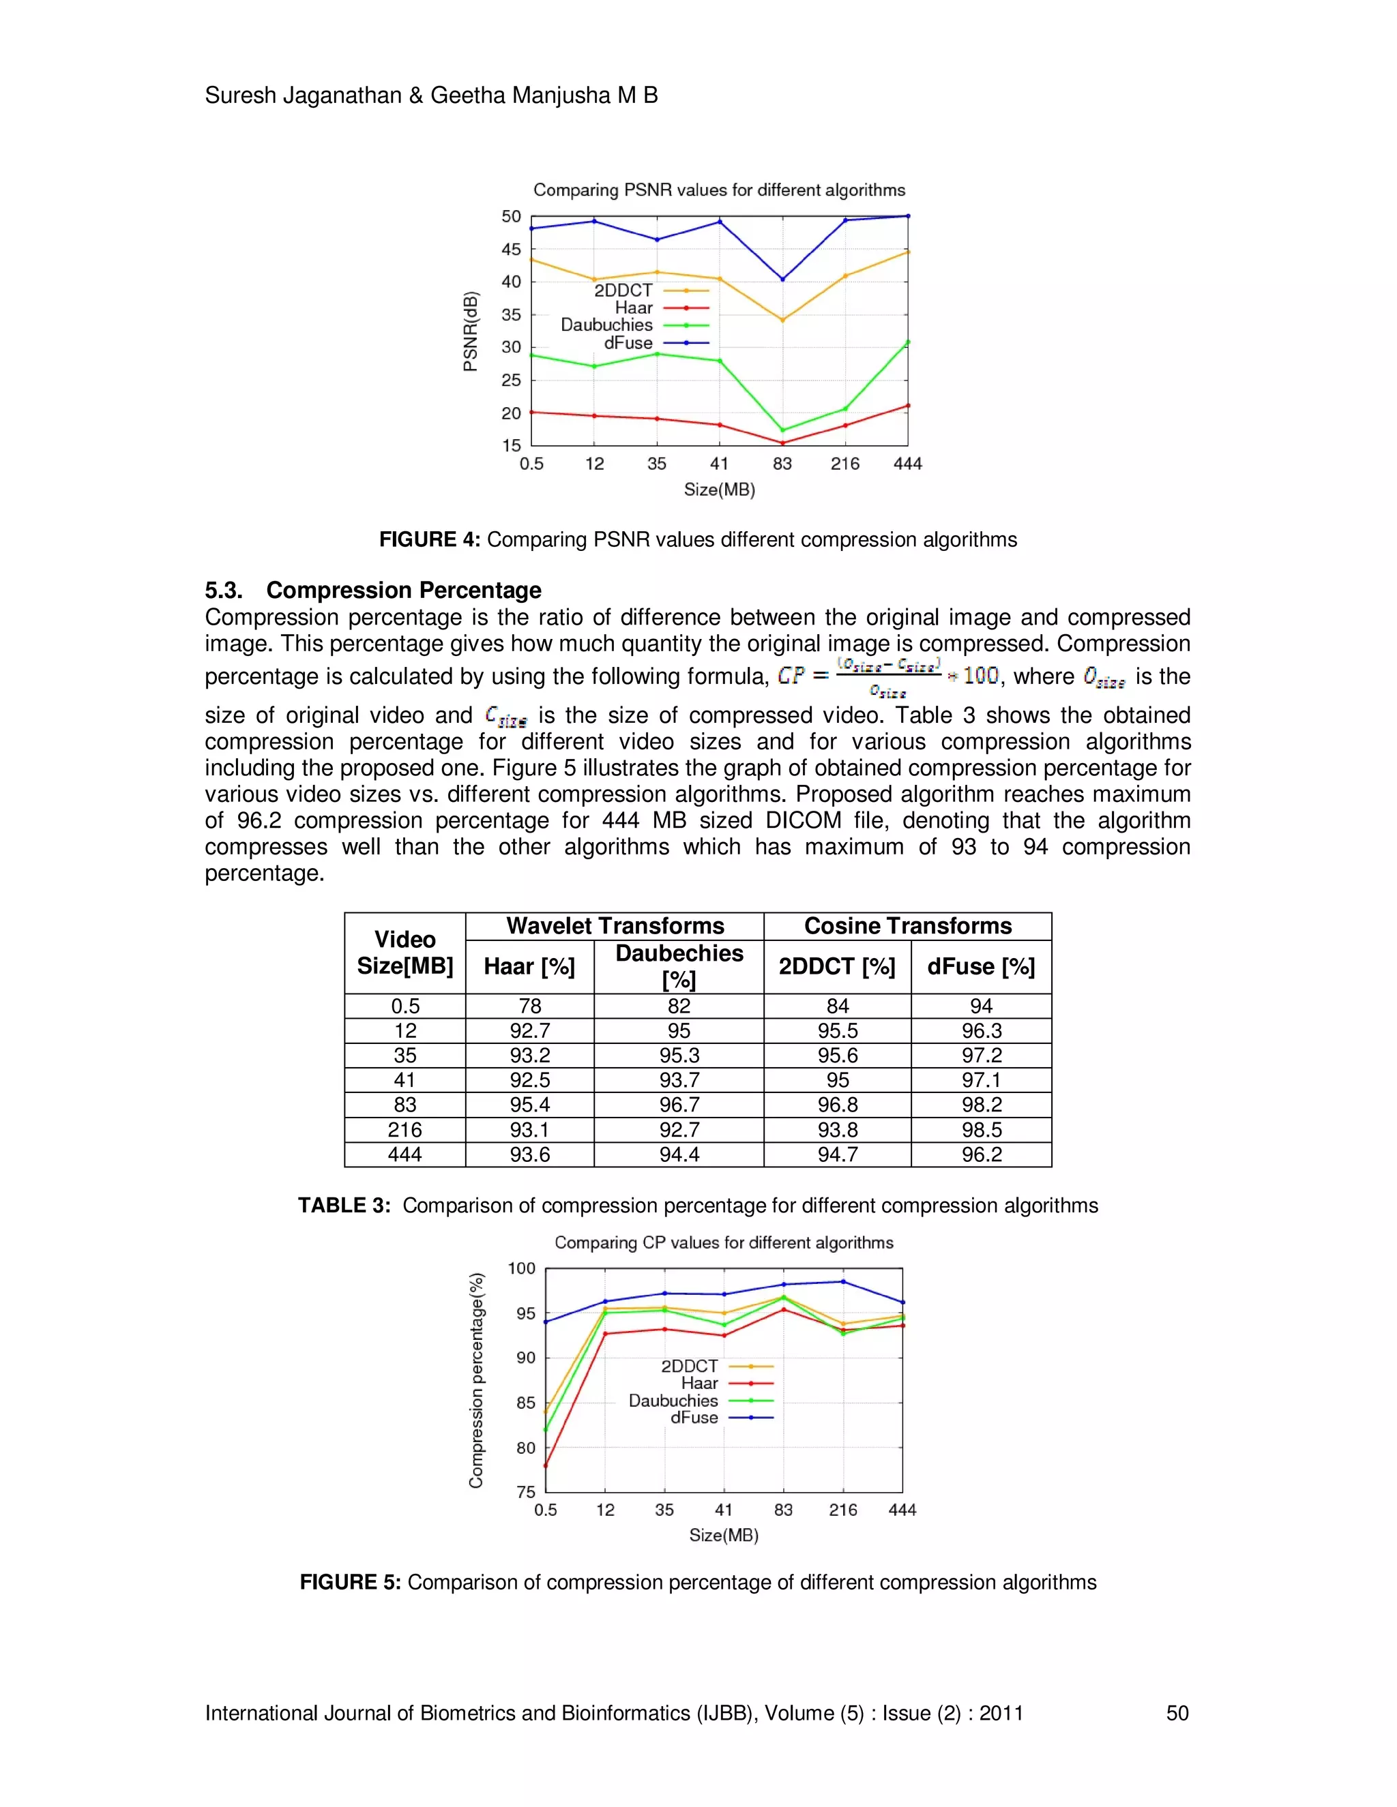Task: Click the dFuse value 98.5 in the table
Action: [981, 1129]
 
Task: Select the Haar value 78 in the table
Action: [529, 1006]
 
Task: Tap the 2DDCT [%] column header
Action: [837, 966]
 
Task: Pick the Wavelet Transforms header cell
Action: [615, 926]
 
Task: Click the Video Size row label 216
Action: [405, 1129]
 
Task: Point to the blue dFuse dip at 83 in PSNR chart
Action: [782, 279]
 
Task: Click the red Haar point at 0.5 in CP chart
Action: [546, 1465]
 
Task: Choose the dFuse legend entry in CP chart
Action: [694, 1418]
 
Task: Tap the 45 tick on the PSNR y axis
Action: [511, 249]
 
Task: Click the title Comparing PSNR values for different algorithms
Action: [719, 190]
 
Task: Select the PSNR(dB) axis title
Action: [470, 331]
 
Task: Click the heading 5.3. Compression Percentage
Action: [373, 590]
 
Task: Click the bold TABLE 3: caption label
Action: [344, 1206]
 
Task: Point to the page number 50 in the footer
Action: [1177, 1713]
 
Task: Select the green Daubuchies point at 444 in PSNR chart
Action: [907, 342]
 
